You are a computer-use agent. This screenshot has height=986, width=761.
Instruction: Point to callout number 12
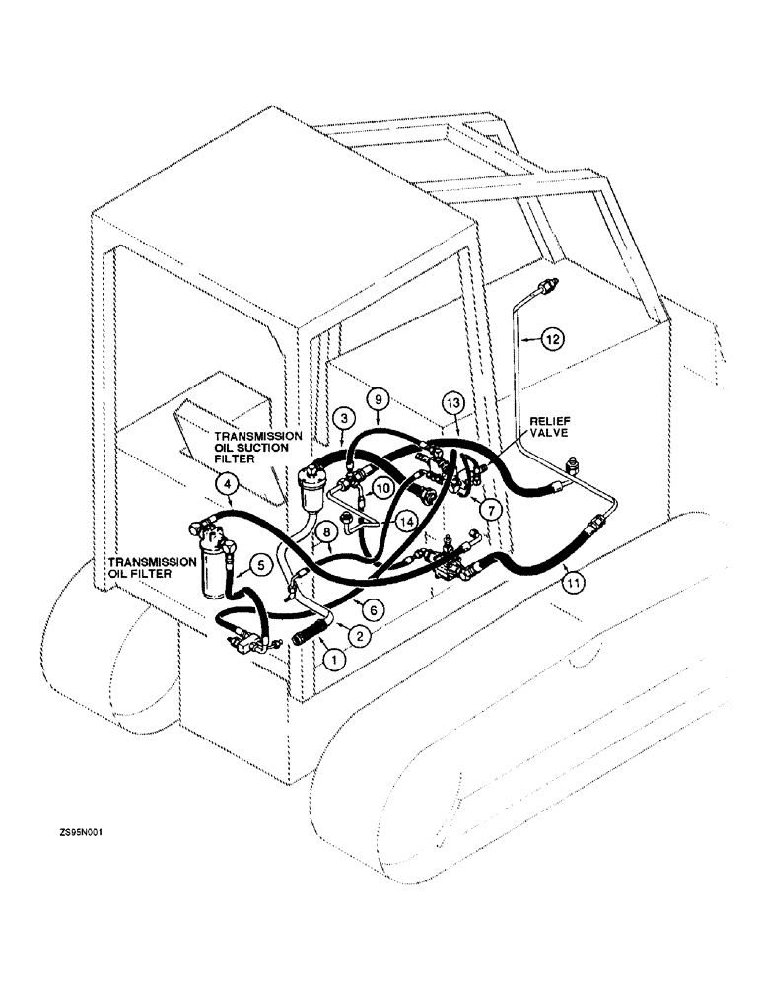point(554,339)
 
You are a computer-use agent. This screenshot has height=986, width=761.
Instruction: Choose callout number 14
point(405,520)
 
